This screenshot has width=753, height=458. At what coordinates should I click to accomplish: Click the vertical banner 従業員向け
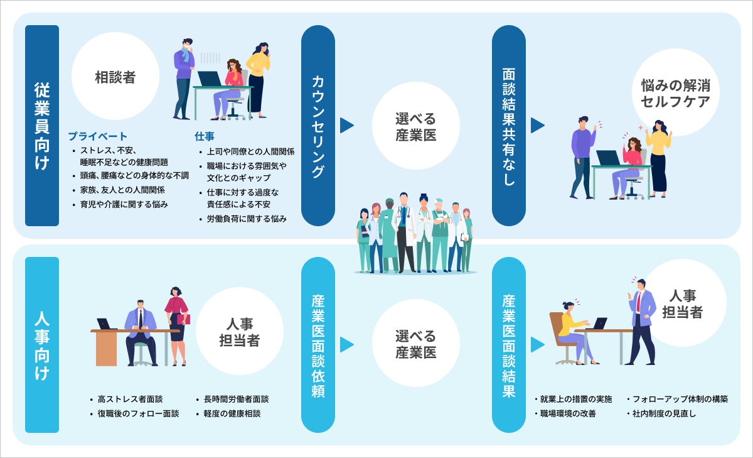tap(42, 126)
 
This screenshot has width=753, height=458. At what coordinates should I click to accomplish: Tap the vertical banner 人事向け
tap(42, 344)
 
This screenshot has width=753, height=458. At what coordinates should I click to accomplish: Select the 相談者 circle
tap(115, 77)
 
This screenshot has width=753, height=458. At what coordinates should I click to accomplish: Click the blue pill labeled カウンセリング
tap(318, 126)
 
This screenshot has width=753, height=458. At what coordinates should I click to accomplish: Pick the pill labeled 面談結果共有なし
tap(508, 126)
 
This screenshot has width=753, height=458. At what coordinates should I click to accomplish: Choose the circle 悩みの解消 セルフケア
tap(675, 93)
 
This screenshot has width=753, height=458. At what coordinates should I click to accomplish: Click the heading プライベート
tap(97, 136)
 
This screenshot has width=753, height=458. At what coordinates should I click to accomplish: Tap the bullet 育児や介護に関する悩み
tap(124, 204)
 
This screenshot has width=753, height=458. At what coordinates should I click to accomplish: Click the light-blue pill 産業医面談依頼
tap(318, 344)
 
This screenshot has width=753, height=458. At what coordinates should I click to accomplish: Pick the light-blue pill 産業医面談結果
tap(508, 344)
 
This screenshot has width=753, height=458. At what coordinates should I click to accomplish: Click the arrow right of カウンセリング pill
tap(347, 126)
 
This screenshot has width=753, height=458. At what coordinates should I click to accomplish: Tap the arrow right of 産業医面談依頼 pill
tap(347, 344)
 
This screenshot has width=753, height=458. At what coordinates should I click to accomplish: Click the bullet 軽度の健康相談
tap(232, 413)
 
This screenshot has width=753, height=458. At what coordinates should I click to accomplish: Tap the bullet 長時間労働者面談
tap(236, 399)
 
